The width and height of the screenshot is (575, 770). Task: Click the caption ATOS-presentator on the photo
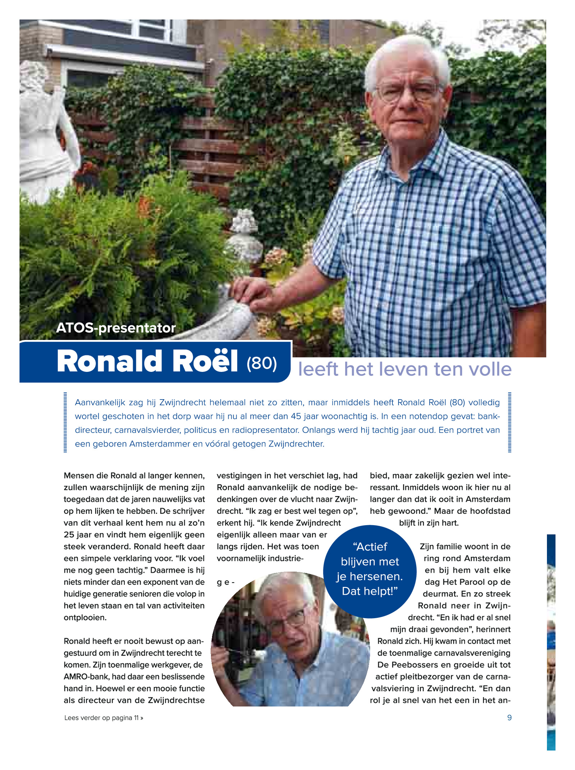[116, 328]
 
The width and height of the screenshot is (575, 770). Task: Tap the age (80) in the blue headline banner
[262, 363]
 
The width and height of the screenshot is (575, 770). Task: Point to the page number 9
[509, 718]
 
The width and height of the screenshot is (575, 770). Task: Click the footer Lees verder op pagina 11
[103, 718]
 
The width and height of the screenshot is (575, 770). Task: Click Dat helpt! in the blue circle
[369, 591]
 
